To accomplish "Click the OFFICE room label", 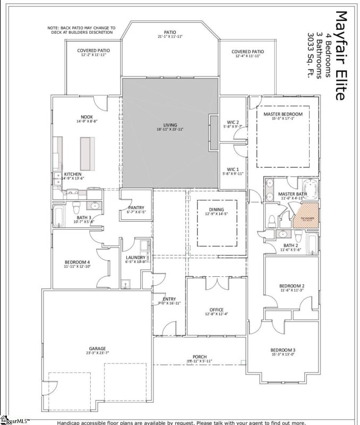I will (216, 310).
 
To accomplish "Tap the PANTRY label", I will (136, 208).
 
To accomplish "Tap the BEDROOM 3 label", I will (282, 350).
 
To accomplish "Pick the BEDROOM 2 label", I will (292, 286).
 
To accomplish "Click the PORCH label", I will (200, 356).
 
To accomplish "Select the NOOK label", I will (87, 117).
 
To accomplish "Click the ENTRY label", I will (169, 300).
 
